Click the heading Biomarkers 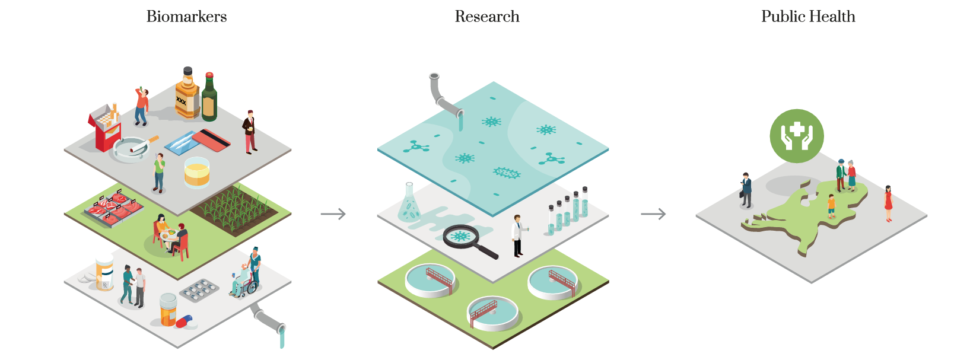point(187,17)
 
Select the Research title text point(486,17)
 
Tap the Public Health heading point(808,17)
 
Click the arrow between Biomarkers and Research point(333,214)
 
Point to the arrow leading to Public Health point(653,214)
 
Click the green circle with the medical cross point(797,136)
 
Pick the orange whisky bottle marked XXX point(187,93)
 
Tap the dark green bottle point(209,97)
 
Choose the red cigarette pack point(105,128)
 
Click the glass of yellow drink point(197,173)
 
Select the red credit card point(211,139)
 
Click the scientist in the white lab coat point(519,236)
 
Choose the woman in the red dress point(888,203)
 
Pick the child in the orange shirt point(831,206)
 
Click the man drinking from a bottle point(141,106)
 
